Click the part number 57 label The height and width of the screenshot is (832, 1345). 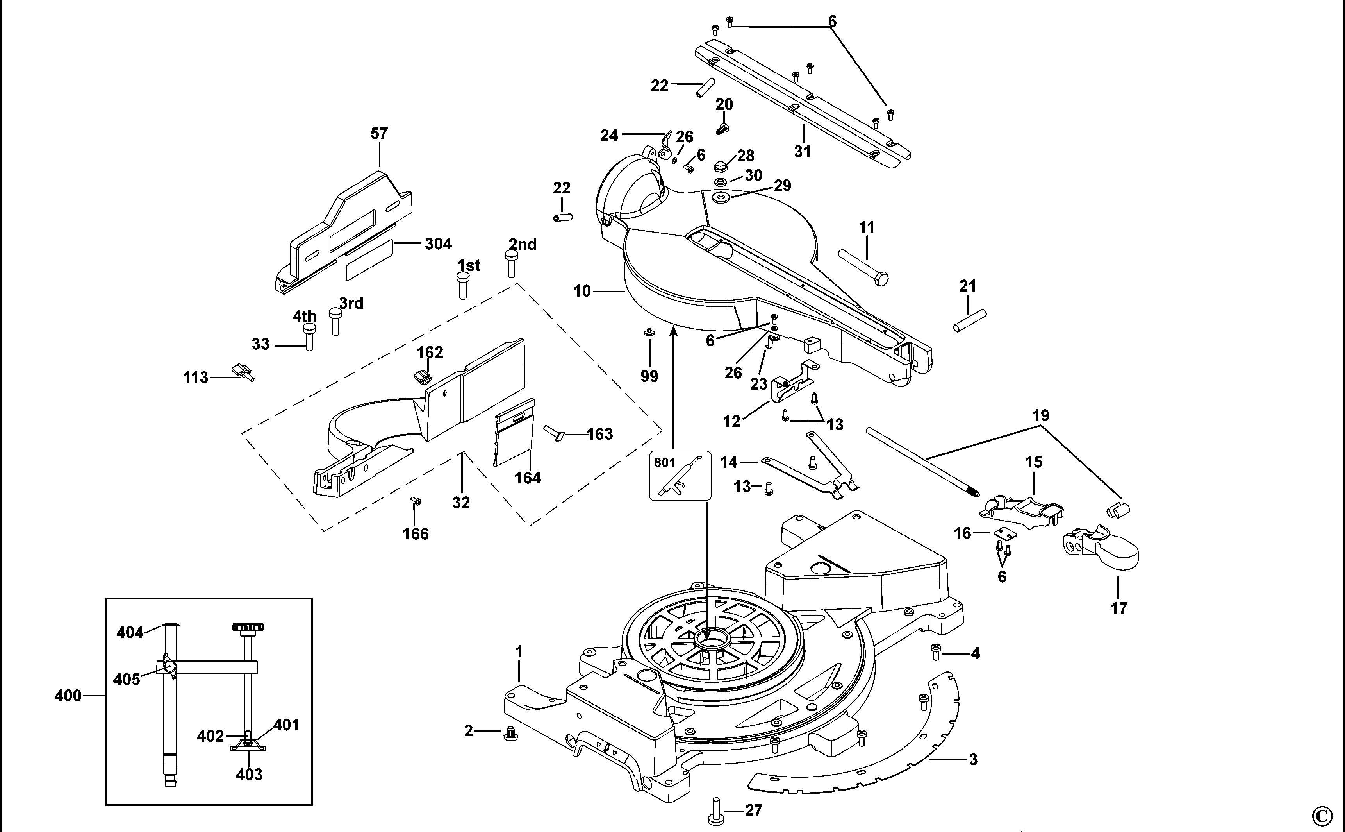click(379, 134)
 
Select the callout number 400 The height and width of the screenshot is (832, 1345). click(68, 696)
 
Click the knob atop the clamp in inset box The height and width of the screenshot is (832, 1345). click(248, 627)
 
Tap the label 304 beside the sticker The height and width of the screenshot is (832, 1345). click(438, 244)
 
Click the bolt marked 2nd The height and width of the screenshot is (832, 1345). click(511, 264)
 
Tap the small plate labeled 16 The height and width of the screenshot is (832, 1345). click(1006, 533)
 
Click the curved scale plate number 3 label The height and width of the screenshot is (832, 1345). click(973, 760)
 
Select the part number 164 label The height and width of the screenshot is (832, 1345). click(527, 478)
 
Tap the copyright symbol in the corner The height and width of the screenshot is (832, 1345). click(1322, 815)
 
